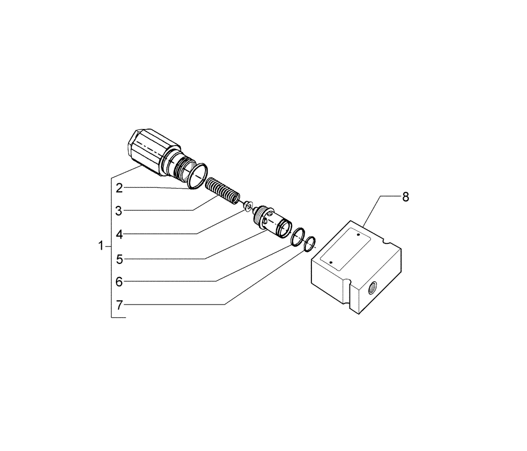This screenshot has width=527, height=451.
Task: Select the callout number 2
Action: coord(120,188)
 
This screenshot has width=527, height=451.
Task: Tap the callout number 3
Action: coord(119,211)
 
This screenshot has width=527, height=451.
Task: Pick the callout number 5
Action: coord(120,259)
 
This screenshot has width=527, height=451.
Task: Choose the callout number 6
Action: coord(119,282)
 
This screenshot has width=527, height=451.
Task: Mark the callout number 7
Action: coord(120,305)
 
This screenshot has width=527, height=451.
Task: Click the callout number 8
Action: coord(405,197)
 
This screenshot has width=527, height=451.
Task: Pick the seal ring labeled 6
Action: coord(299,236)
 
